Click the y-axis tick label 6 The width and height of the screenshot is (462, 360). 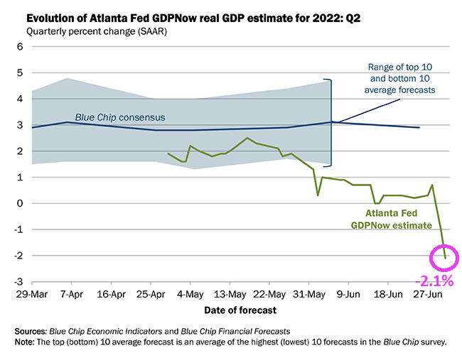[x=20, y=47]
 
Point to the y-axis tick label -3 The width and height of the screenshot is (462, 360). [x=18, y=282]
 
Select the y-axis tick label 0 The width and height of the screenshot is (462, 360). [x=20, y=203]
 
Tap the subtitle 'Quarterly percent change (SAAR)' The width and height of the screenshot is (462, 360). [x=93, y=31]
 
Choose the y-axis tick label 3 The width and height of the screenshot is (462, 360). [x=20, y=125]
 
